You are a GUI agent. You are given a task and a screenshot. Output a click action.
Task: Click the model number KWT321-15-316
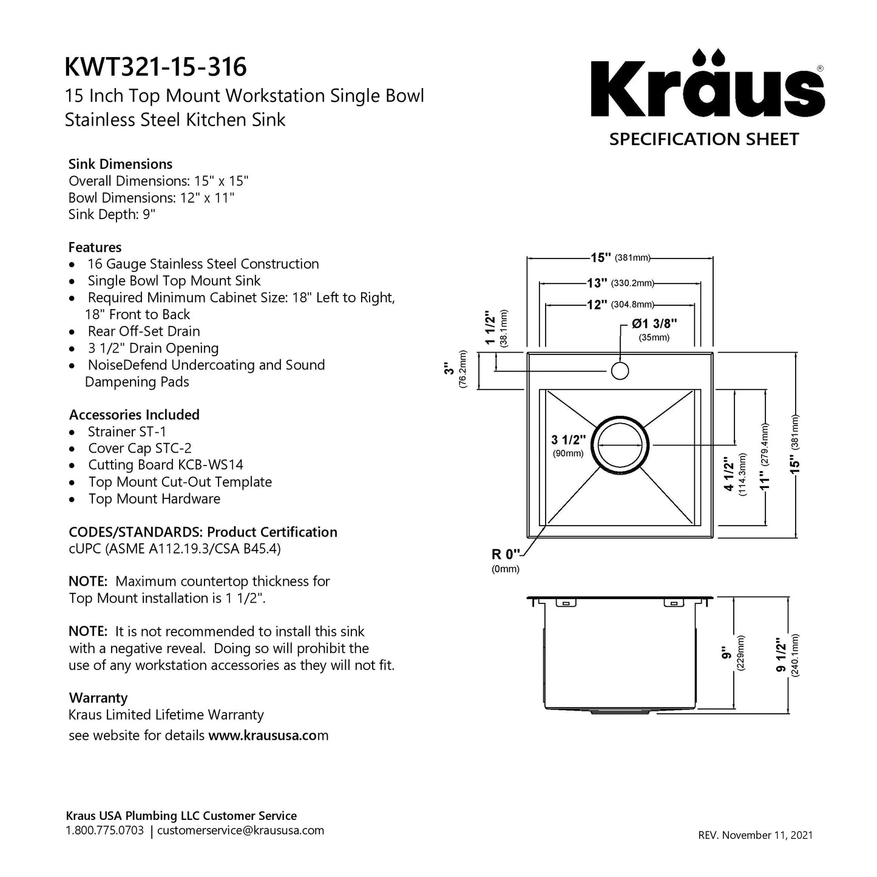coord(156,67)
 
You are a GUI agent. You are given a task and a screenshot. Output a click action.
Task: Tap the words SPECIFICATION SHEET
coord(704,140)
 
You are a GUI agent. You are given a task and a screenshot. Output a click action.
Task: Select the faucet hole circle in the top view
coord(620,370)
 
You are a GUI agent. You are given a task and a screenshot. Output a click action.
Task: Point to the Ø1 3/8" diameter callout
coord(654,324)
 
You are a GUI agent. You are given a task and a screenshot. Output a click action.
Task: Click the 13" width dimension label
coord(597,283)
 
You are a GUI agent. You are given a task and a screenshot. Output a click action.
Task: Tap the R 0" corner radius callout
coord(506,554)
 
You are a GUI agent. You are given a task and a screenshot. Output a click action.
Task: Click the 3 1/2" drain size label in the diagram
coord(568,440)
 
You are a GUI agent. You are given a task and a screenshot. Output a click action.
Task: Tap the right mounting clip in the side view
coord(672,603)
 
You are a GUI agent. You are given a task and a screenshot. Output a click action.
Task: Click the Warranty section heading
coord(98,698)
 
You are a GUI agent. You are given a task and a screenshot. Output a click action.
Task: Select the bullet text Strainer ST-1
coord(127,432)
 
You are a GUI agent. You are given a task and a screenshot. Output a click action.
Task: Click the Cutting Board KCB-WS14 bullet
coord(166,465)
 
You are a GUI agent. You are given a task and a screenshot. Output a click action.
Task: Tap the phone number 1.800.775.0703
coord(104,830)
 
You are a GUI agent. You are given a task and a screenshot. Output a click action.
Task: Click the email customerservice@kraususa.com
coord(240,830)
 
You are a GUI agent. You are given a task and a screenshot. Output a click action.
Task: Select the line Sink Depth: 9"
coord(112,214)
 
